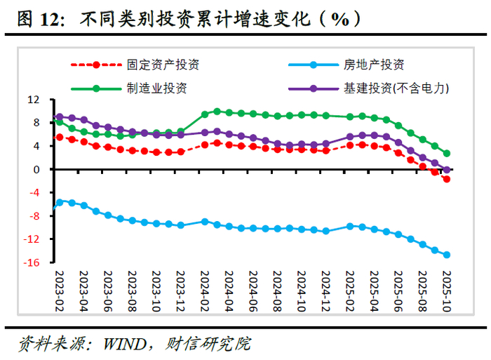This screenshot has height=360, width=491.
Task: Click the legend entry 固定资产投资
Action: (x=163, y=66)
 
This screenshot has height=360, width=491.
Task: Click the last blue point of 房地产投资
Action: (x=446, y=255)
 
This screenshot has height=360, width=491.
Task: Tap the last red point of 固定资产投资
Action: (x=446, y=180)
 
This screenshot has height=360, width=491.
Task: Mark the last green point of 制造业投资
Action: (x=446, y=153)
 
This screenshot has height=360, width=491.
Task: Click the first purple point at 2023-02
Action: (x=59, y=117)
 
